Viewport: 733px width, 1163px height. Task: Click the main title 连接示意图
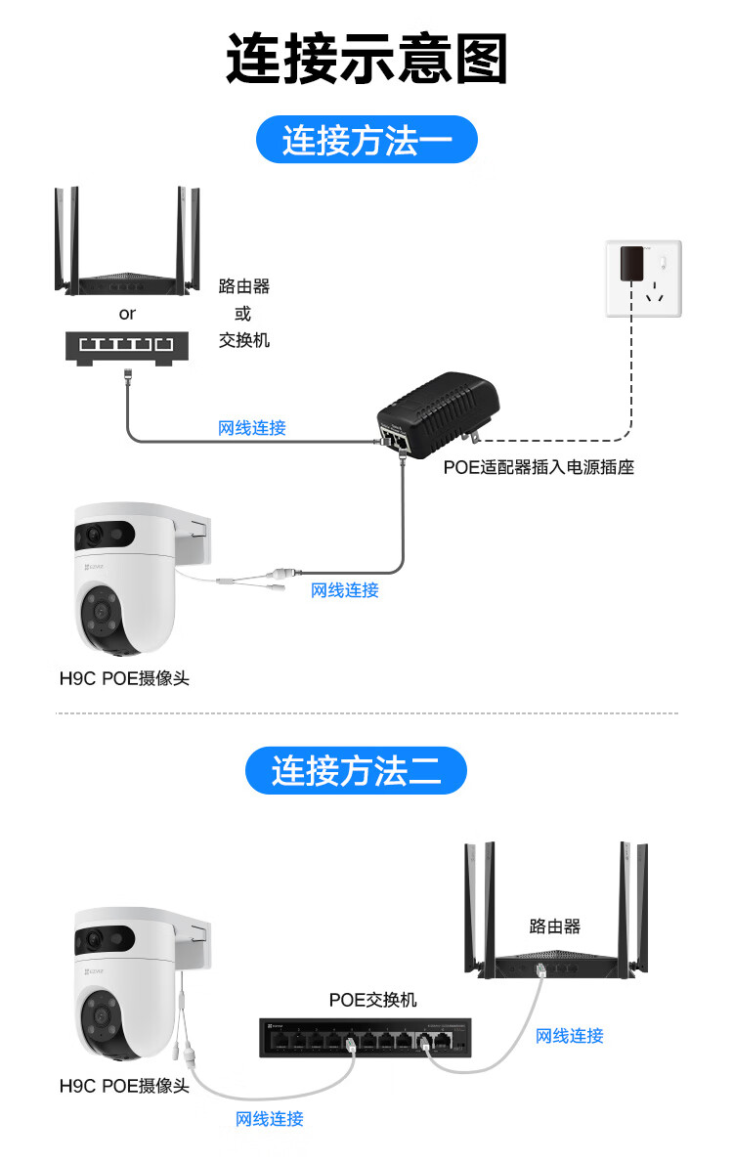pos(366,59)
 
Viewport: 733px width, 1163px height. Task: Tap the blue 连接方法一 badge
pos(366,141)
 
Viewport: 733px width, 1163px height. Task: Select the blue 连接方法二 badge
pos(356,772)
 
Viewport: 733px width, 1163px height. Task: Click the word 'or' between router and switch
pos(127,314)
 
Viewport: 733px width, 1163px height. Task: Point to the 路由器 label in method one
pos(243,286)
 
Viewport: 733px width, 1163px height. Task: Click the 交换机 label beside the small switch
pos(243,341)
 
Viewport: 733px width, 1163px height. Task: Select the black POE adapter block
pos(440,410)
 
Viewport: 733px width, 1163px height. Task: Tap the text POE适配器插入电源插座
pos(539,467)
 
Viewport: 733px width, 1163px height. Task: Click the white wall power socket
pos(642,279)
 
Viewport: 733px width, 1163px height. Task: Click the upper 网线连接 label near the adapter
pos(252,428)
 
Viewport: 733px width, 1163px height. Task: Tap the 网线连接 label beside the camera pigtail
pos(344,590)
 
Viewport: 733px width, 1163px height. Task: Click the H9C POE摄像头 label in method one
pos(124,678)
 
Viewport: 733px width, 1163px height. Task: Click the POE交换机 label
pos(372,1000)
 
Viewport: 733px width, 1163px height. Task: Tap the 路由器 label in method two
pos(555,926)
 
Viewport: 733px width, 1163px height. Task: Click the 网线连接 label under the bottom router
pos(570,1036)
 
